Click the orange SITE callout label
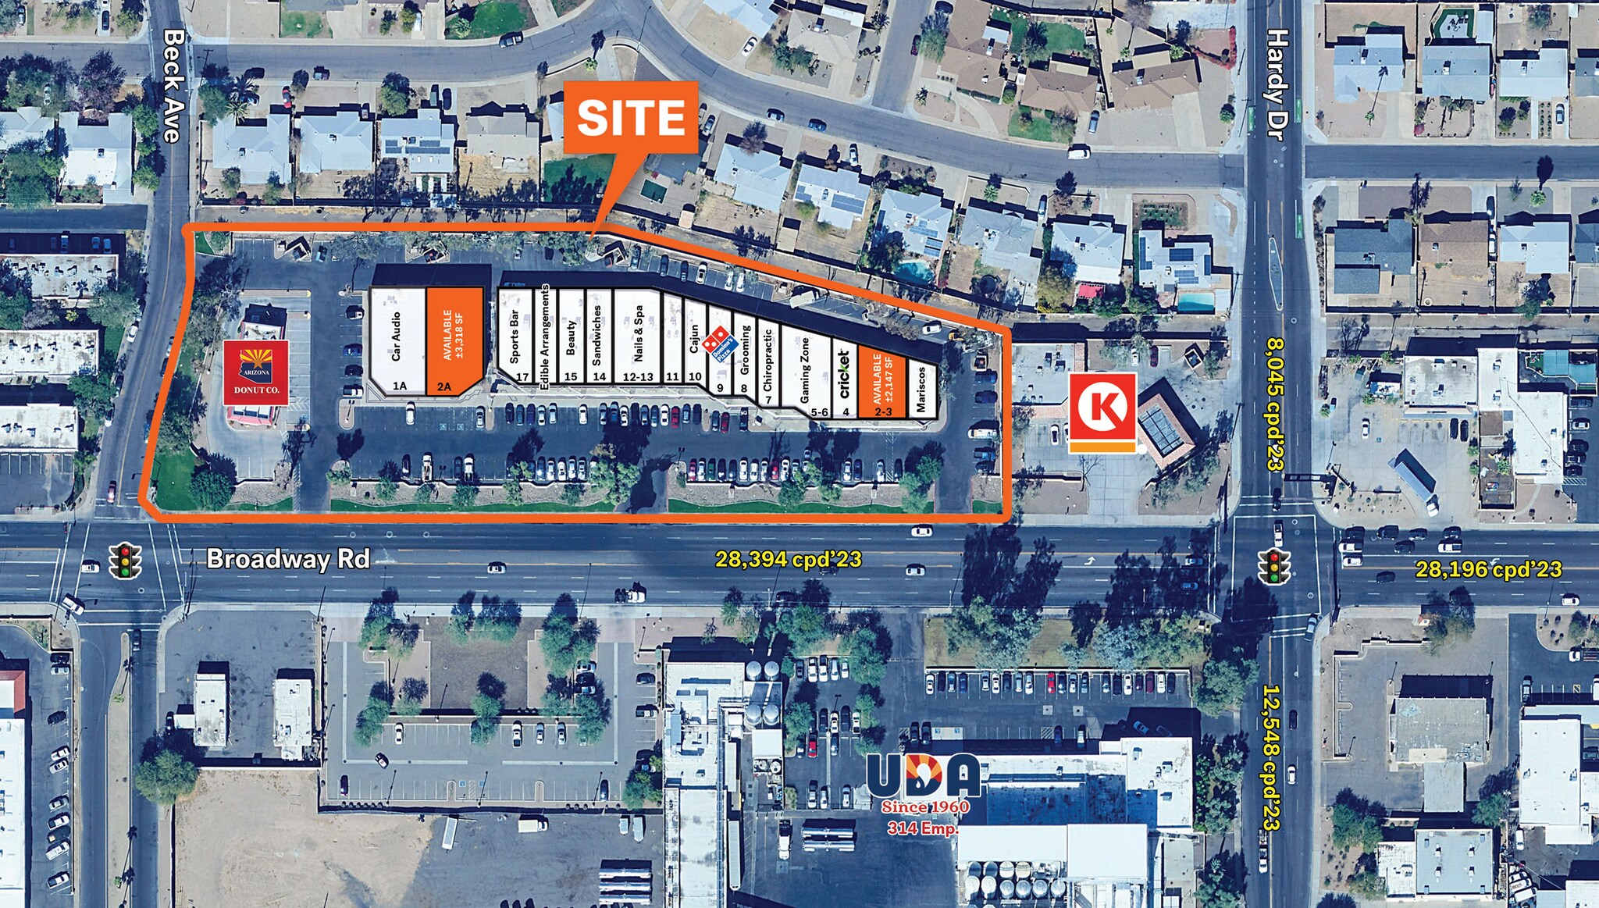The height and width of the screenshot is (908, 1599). [630, 117]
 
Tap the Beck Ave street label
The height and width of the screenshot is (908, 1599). [173, 86]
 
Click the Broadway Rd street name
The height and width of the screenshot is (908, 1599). [288, 559]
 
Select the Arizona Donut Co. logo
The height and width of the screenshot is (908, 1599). [256, 372]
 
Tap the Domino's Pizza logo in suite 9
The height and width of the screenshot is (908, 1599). [719, 344]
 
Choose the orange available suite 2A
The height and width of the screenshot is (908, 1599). [454, 340]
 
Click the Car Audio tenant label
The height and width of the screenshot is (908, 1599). [396, 336]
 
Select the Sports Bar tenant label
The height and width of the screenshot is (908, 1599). [514, 336]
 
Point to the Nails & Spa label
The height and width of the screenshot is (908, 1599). [639, 333]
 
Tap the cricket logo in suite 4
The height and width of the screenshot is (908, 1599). [844, 374]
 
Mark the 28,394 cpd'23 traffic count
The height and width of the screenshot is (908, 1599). [789, 559]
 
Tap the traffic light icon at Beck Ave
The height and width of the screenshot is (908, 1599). [124, 561]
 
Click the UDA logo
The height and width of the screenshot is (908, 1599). [924, 777]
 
